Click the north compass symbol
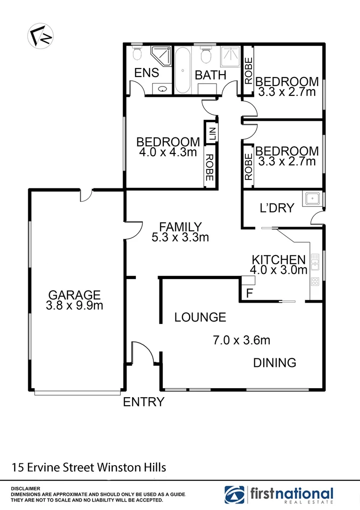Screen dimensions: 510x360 click(40, 35)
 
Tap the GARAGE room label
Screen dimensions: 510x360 click(74, 295)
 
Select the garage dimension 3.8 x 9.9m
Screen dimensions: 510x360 click(75, 306)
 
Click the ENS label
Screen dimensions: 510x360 click(146, 73)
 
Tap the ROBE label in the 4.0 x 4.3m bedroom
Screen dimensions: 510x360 click(209, 168)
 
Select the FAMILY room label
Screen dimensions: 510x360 click(180, 227)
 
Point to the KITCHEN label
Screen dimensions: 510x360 click(278, 259)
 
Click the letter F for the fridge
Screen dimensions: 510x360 click(250, 293)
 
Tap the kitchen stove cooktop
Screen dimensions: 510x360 click(315, 282)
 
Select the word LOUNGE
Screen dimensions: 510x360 click(200, 317)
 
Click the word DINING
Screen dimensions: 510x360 click(275, 363)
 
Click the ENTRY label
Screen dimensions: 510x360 click(143, 402)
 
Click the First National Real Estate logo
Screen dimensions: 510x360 click(279, 494)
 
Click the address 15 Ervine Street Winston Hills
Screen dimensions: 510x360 click(89, 468)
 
